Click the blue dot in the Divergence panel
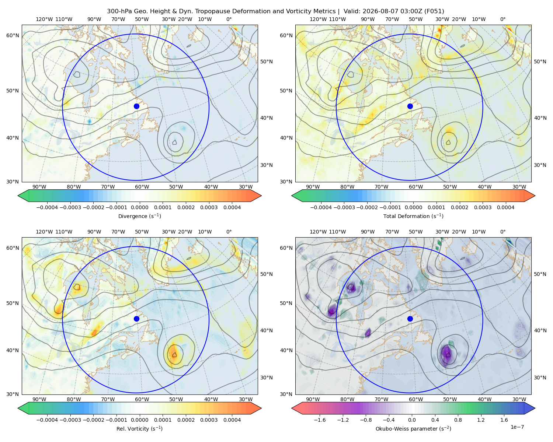coord(136,106)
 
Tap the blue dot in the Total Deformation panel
coord(410,106)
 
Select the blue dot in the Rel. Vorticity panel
coord(136,319)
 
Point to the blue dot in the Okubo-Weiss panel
coord(410,319)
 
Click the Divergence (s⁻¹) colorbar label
coord(139,216)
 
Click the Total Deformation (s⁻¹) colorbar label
coord(413,216)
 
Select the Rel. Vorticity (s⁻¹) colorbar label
coord(139,428)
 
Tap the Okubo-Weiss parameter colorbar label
coord(413,428)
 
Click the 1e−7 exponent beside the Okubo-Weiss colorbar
coord(517,427)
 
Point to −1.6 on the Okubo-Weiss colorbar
coord(320,420)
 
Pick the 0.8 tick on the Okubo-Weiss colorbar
coord(458,420)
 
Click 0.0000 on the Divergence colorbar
coord(139,207)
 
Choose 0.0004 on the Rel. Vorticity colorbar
coord(232,420)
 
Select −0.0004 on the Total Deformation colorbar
coord(321,207)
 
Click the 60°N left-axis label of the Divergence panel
coord(13,35)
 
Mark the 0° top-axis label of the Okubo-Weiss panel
coord(502,232)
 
